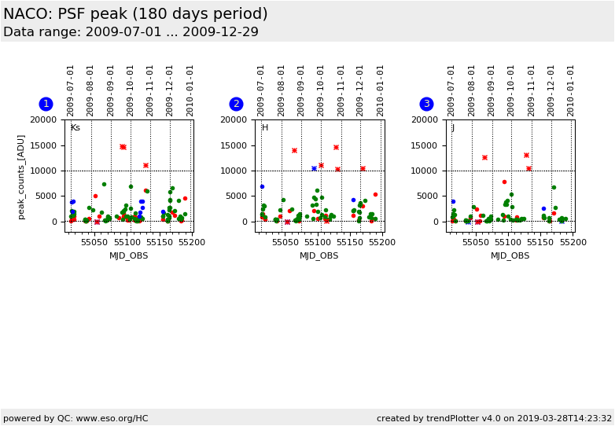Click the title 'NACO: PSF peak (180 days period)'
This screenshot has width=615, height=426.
coord(135,14)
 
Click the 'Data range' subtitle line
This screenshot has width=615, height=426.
coord(131,32)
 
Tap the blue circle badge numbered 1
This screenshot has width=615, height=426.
coord(46,104)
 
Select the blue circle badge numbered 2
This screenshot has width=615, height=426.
coord(236,104)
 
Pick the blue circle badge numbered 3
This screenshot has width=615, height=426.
coord(426,104)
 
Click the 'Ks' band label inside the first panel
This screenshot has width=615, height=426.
coord(75,128)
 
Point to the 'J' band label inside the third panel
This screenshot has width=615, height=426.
coord(452,128)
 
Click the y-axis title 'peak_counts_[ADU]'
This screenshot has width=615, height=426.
coord(21,176)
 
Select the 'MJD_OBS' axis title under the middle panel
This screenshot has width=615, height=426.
coord(319,255)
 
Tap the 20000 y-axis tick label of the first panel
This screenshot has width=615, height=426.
coord(44,119)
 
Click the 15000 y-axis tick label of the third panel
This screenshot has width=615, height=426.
coord(425,145)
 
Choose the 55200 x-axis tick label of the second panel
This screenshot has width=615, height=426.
coord(382,242)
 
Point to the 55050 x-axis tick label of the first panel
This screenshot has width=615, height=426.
coord(94,242)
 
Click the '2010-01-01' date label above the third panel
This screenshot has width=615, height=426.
coord(572,90)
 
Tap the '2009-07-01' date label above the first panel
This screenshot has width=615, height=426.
coord(71,90)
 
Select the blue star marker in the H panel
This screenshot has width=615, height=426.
coord(314,169)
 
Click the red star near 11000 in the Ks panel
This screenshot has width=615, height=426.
coord(145,166)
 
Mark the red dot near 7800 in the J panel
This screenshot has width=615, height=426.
coord(504,182)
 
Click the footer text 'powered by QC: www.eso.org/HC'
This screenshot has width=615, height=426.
coord(75,418)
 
